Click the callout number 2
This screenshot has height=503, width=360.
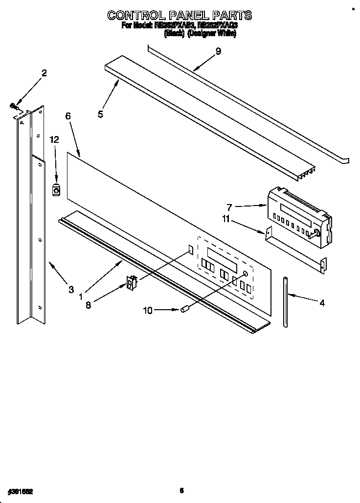point(44,73)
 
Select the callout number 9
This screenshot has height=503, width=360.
point(218,51)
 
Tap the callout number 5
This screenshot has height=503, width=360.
point(100,114)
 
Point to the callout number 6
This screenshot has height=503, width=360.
point(68,116)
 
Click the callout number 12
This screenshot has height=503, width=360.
point(54,139)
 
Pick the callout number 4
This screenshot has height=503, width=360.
point(322,303)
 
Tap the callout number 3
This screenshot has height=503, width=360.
point(72,289)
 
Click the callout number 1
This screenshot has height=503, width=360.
point(81,296)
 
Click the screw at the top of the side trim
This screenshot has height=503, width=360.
point(14,105)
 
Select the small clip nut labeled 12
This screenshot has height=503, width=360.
point(56,189)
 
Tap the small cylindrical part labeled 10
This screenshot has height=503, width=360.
point(185,309)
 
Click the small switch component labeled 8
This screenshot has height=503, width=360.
point(131,282)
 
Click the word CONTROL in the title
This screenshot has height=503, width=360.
point(138,15)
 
